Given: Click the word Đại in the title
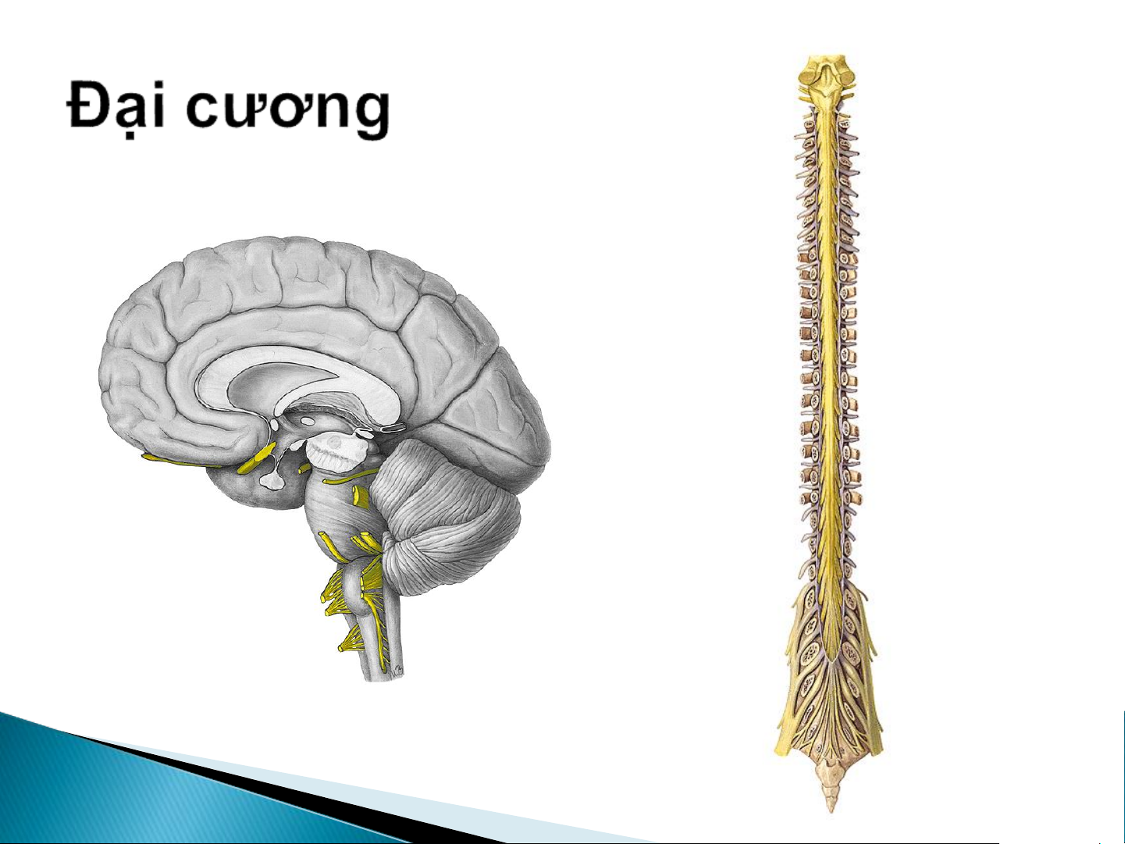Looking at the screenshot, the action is (116, 109).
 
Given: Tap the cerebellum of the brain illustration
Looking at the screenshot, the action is (451, 518).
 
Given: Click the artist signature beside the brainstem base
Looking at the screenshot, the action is (397, 668).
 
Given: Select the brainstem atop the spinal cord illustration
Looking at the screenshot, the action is (828, 82).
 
